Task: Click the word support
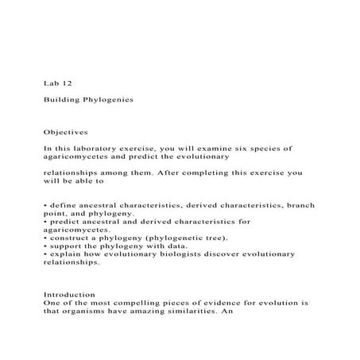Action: (66, 246)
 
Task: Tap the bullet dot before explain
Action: (45, 254)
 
